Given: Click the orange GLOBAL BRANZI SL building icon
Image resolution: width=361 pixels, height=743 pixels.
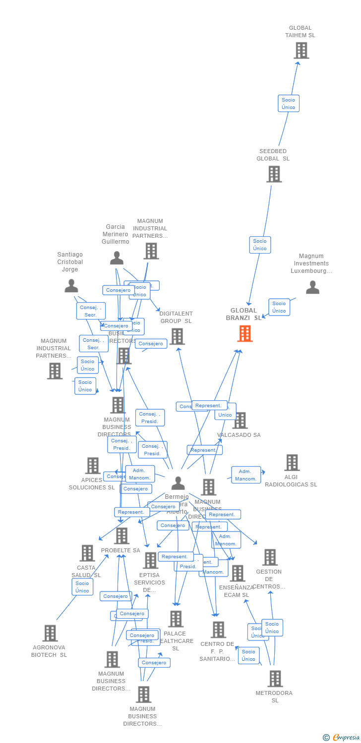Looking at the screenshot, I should point(245,333).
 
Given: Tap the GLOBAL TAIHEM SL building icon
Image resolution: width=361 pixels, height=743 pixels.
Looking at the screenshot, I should point(301,51).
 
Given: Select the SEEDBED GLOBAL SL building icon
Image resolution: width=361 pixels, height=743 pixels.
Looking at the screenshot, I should point(274,174).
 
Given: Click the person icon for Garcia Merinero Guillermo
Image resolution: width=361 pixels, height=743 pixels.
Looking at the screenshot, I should point(117,258).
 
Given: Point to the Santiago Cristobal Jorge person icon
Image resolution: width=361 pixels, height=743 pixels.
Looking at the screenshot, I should point(71,286).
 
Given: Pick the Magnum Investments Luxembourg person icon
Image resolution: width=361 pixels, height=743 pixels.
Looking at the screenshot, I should point(312,287).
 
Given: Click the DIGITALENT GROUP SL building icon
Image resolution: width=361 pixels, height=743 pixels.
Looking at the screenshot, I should point(177,336).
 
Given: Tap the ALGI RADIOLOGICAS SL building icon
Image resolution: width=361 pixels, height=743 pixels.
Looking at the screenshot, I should point(292,463).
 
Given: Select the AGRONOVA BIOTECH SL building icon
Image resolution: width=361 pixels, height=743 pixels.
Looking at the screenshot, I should point(50,633).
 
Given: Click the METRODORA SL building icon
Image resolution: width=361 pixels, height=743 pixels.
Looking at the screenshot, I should point(275,679).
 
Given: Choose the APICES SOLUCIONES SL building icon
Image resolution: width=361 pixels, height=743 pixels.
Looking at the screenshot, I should point(93,466).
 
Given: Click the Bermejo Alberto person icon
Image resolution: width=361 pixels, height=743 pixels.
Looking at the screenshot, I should point(178,483).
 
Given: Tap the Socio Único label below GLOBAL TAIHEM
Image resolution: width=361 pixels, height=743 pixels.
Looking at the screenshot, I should point(288,104).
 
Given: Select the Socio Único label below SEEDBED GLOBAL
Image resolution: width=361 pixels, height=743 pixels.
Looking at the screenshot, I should point(260,245).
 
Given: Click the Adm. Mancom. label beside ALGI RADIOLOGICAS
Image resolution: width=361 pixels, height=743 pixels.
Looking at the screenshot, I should point(246,475).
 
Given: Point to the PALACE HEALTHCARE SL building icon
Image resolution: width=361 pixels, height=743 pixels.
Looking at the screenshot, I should point(176,619).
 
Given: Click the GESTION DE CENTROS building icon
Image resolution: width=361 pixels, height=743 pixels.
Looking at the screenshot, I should point(270,557).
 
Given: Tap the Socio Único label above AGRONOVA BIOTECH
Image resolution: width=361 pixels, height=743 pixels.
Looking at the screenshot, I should point(82,587).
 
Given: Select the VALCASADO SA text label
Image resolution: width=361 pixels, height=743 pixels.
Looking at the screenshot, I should point(239,435).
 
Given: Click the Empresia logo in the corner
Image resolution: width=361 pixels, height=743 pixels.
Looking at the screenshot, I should point(342,738).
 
